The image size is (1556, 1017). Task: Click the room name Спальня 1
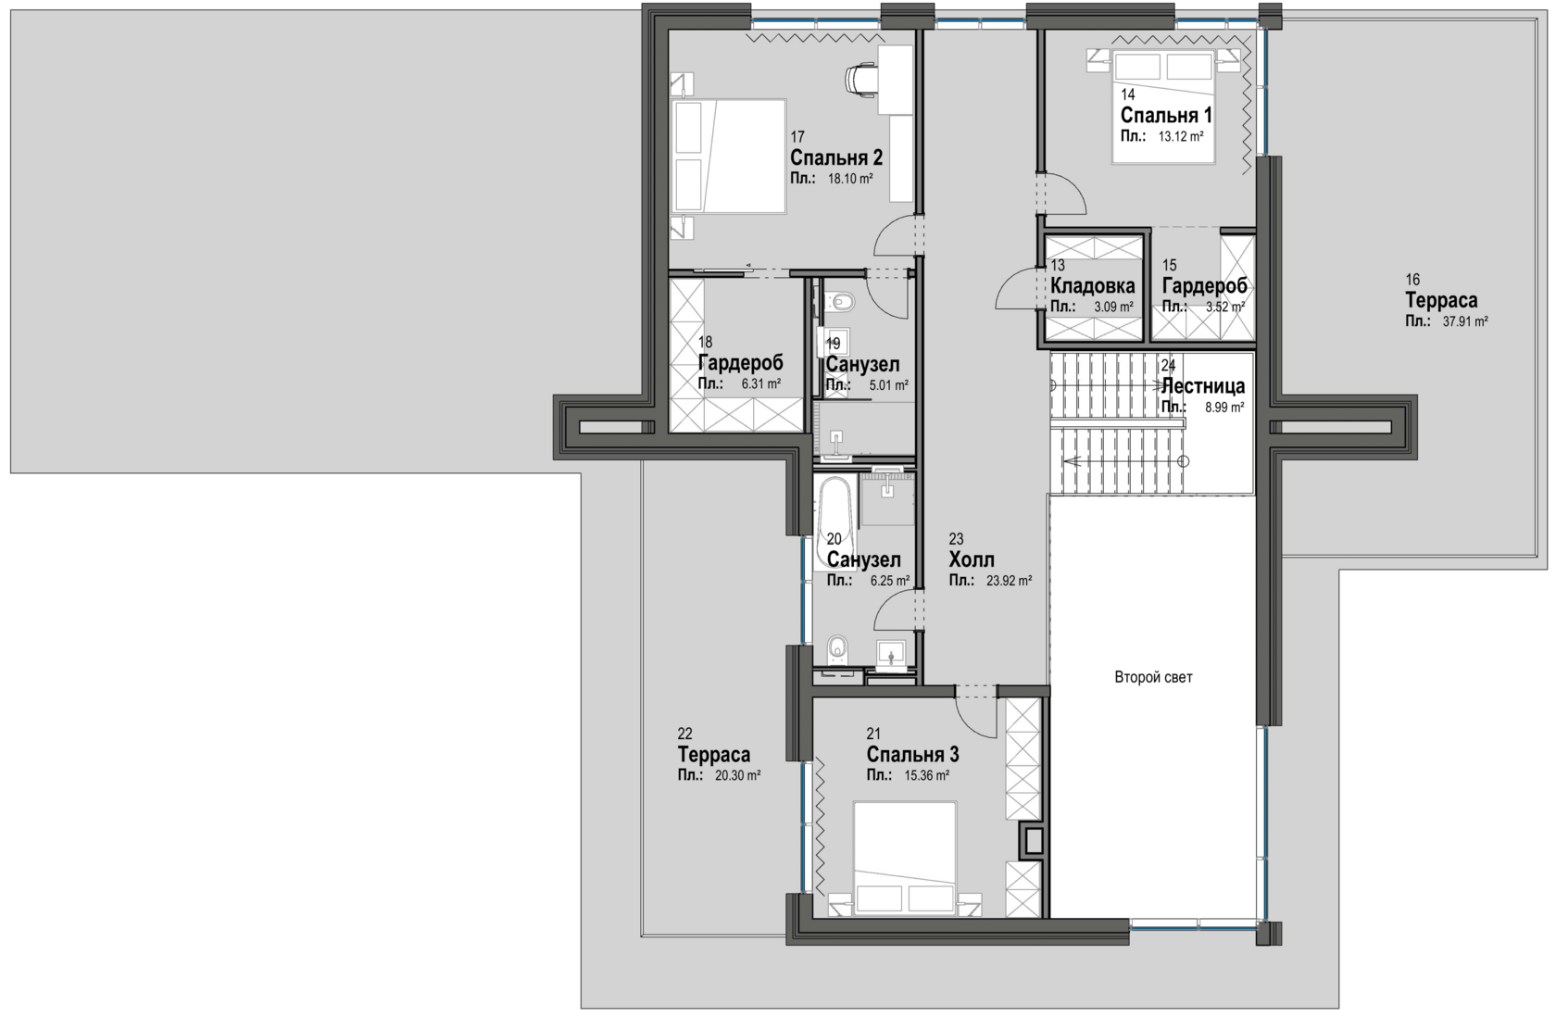1166,115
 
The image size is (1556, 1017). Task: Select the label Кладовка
1093,285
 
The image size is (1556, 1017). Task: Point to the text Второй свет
1154,677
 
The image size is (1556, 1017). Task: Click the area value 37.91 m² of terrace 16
1465,321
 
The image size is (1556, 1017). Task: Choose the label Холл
972,559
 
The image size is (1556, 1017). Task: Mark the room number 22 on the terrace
685,734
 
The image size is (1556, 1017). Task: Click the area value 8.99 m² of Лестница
1224,408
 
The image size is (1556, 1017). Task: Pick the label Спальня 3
913,754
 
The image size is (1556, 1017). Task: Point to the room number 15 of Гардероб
1170,265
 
